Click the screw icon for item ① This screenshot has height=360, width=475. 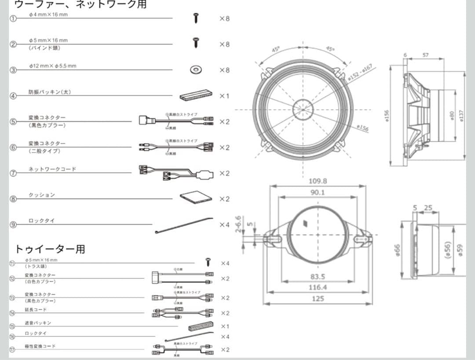[197, 18]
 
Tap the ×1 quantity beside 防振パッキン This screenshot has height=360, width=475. [224, 96]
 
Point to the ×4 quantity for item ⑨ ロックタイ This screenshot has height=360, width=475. [224, 225]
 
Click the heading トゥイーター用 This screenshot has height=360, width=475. [49, 249]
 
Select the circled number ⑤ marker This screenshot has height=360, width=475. [13, 122]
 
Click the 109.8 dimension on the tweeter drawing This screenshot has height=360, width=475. [318, 181]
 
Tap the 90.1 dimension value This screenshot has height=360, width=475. [318, 193]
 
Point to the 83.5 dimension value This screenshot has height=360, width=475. [318, 276]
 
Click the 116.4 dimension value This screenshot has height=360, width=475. [318, 287]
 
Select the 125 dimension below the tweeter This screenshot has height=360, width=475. [318, 298]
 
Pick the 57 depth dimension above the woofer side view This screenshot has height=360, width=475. [425, 55]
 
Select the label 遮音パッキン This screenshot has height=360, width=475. [38, 323]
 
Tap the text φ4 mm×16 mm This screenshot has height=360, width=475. [48, 15]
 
